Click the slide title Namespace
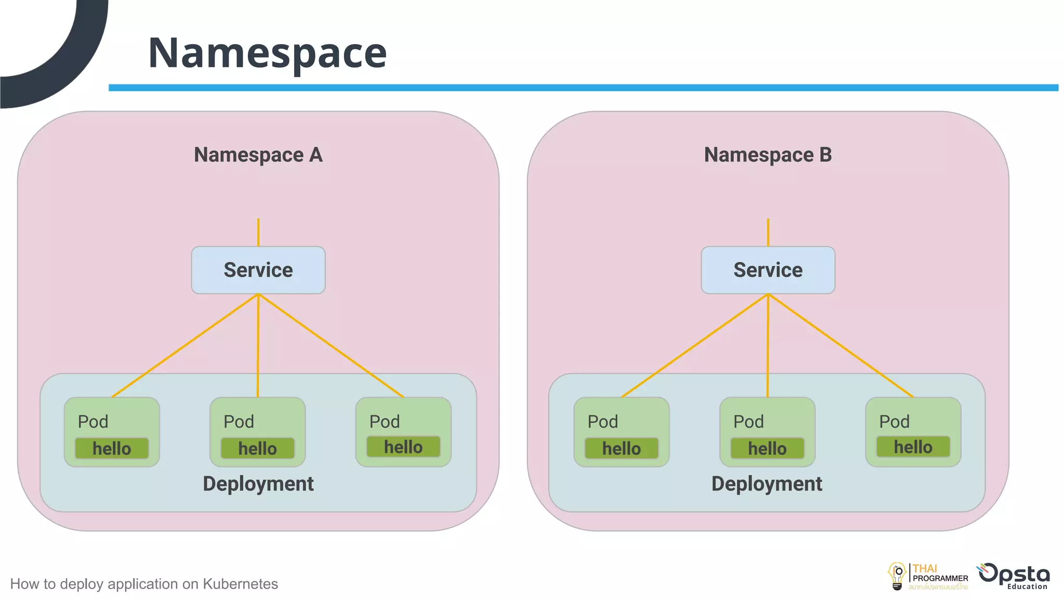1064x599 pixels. pyautogui.click(x=267, y=53)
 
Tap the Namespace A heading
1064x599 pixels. pyautogui.click(x=258, y=155)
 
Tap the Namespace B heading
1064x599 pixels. pyautogui.click(x=768, y=155)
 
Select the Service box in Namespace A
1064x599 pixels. pyautogui.click(x=258, y=270)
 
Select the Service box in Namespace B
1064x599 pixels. pyautogui.click(x=768, y=270)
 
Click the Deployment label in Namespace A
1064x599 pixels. pyautogui.click(x=258, y=484)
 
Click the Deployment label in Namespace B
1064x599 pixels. pyautogui.click(x=767, y=484)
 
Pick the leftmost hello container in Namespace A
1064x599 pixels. pyautogui.click(x=112, y=448)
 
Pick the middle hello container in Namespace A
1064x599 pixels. pyautogui.click(x=258, y=448)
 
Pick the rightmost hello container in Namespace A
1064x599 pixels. pyautogui.click(x=403, y=447)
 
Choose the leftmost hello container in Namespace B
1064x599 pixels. pyautogui.click(x=621, y=448)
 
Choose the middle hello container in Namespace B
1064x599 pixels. pyautogui.click(x=767, y=448)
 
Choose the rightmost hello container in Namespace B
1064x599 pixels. pyautogui.click(x=913, y=447)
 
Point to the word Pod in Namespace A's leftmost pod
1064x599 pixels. pyautogui.click(x=93, y=422)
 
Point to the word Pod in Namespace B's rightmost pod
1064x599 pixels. pyautogui.click(x=894, y=422)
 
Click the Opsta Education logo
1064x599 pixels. pyautogui.click(x=1015, y=576)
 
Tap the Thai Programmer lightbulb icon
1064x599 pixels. pyautogui.click(x=897, y=576)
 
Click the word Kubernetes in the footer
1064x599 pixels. pyautogui.click(x=240, y=584)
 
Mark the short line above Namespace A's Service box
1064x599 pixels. pyautogui.click(x=258, y=232)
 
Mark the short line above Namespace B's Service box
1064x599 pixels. pyautogui.click(x=768, y=232)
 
